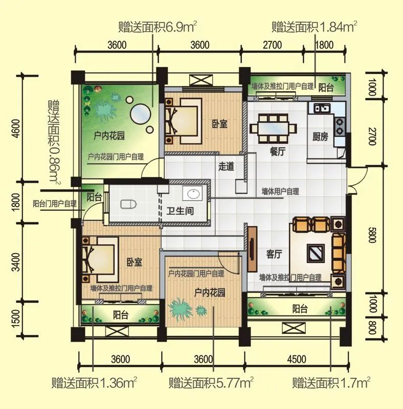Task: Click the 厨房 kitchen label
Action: coord(320,137)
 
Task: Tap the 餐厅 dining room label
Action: coord(278,151)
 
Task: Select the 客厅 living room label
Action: coord(274,254)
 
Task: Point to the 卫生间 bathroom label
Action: coord(181,211)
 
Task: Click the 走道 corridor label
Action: coord(226,167)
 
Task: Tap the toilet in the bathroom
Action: coord(128,204)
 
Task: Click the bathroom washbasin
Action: coord(193,193)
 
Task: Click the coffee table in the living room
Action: coord(316,253)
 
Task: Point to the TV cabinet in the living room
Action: coord(252,249)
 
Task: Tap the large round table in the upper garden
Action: coord(141,115)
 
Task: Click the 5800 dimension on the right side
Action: coord(372,235)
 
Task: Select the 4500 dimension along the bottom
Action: coord(297,359)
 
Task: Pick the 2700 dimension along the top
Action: coord(272,45)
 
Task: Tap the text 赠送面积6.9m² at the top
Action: coord(158,27)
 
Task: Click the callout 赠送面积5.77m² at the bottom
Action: coord(211,383)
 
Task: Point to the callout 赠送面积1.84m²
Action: coord(314,27)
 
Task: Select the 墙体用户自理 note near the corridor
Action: coord(280,192)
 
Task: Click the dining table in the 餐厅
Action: coord(273,129)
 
